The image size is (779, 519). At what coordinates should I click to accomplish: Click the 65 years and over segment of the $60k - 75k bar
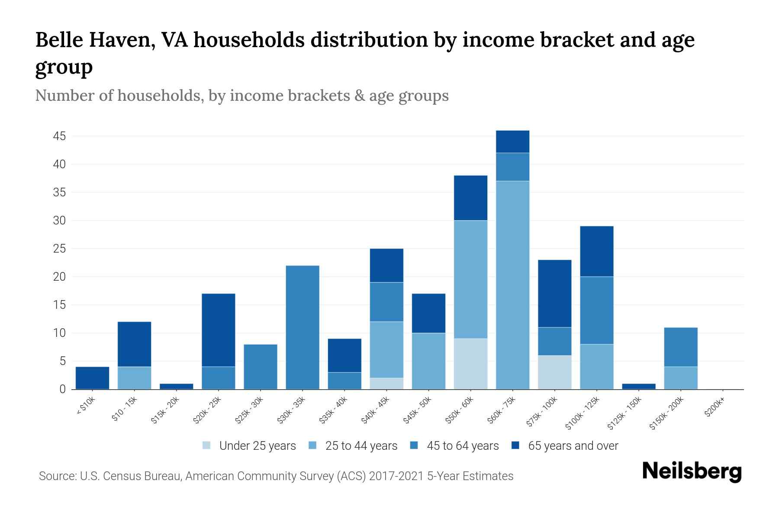[512, 141]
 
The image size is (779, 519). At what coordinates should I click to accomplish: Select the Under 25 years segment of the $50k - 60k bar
[470, 364]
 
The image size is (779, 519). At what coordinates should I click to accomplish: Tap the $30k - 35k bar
[303, 327]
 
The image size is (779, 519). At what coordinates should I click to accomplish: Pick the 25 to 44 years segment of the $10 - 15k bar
[134, 378]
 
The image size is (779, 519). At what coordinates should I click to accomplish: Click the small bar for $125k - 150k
[639, 386]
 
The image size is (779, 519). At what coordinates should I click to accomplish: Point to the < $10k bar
[92, 378]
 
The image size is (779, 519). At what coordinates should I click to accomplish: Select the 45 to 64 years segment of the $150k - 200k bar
[681, 347]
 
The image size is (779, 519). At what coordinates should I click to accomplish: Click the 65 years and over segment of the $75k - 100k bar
[554, 293]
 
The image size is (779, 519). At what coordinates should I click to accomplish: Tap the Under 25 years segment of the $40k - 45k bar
[386, 384]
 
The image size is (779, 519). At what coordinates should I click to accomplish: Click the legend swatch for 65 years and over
[515, 445]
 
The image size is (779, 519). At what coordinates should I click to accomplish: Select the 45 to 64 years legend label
[462, 446]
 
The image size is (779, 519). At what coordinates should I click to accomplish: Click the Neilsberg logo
[692, 471]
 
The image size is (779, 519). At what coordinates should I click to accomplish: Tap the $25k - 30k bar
[261, 367]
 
